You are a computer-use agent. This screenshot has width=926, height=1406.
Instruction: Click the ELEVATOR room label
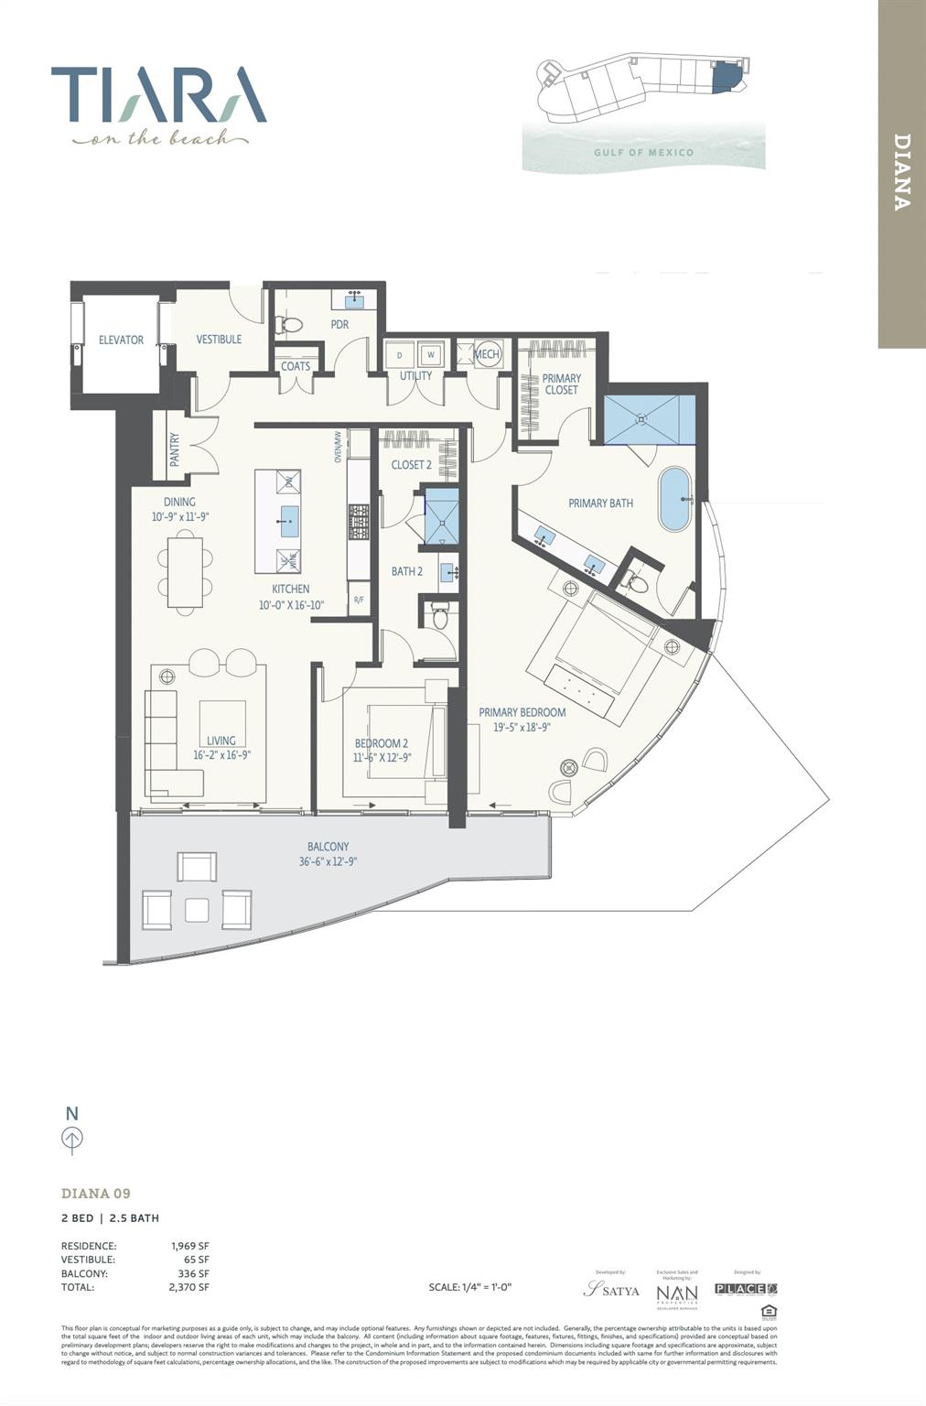click(x=121, y=340)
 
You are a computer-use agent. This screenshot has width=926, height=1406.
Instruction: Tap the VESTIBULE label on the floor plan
click(x=219, y=339)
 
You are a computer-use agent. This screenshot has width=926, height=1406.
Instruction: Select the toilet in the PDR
click(x=291, y=325)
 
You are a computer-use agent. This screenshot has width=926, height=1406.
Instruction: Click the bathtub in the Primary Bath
click(x=675, y=499)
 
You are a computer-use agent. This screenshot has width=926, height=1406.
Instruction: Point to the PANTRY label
click(x=175, y=449)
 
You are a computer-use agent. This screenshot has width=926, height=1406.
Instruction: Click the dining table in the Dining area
click(x=185, y=572)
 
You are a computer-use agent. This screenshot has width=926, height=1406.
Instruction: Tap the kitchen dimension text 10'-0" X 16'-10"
click(x=290, y=604)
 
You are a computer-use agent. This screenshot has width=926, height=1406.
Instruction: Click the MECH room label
click(x=487, y=354)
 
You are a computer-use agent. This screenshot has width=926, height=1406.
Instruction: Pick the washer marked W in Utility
click(x=431, y=354)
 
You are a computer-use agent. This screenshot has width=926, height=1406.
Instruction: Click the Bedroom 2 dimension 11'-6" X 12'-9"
click(x=382, y=757)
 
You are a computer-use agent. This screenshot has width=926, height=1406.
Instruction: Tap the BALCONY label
click(x=327, y=847)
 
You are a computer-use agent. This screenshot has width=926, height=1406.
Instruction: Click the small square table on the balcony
click(x=197, y=909)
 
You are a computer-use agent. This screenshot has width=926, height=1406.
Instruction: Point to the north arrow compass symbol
click(x=72, y=1138)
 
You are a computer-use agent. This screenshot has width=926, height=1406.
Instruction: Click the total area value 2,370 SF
click(x=189, y=1287)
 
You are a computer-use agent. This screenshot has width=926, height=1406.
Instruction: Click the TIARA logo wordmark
click(x=158, y=94)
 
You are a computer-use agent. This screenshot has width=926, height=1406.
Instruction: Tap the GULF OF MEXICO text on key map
click(x=643, y=152)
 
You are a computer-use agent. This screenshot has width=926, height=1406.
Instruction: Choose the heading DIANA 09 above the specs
click(x=96, y=1194)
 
